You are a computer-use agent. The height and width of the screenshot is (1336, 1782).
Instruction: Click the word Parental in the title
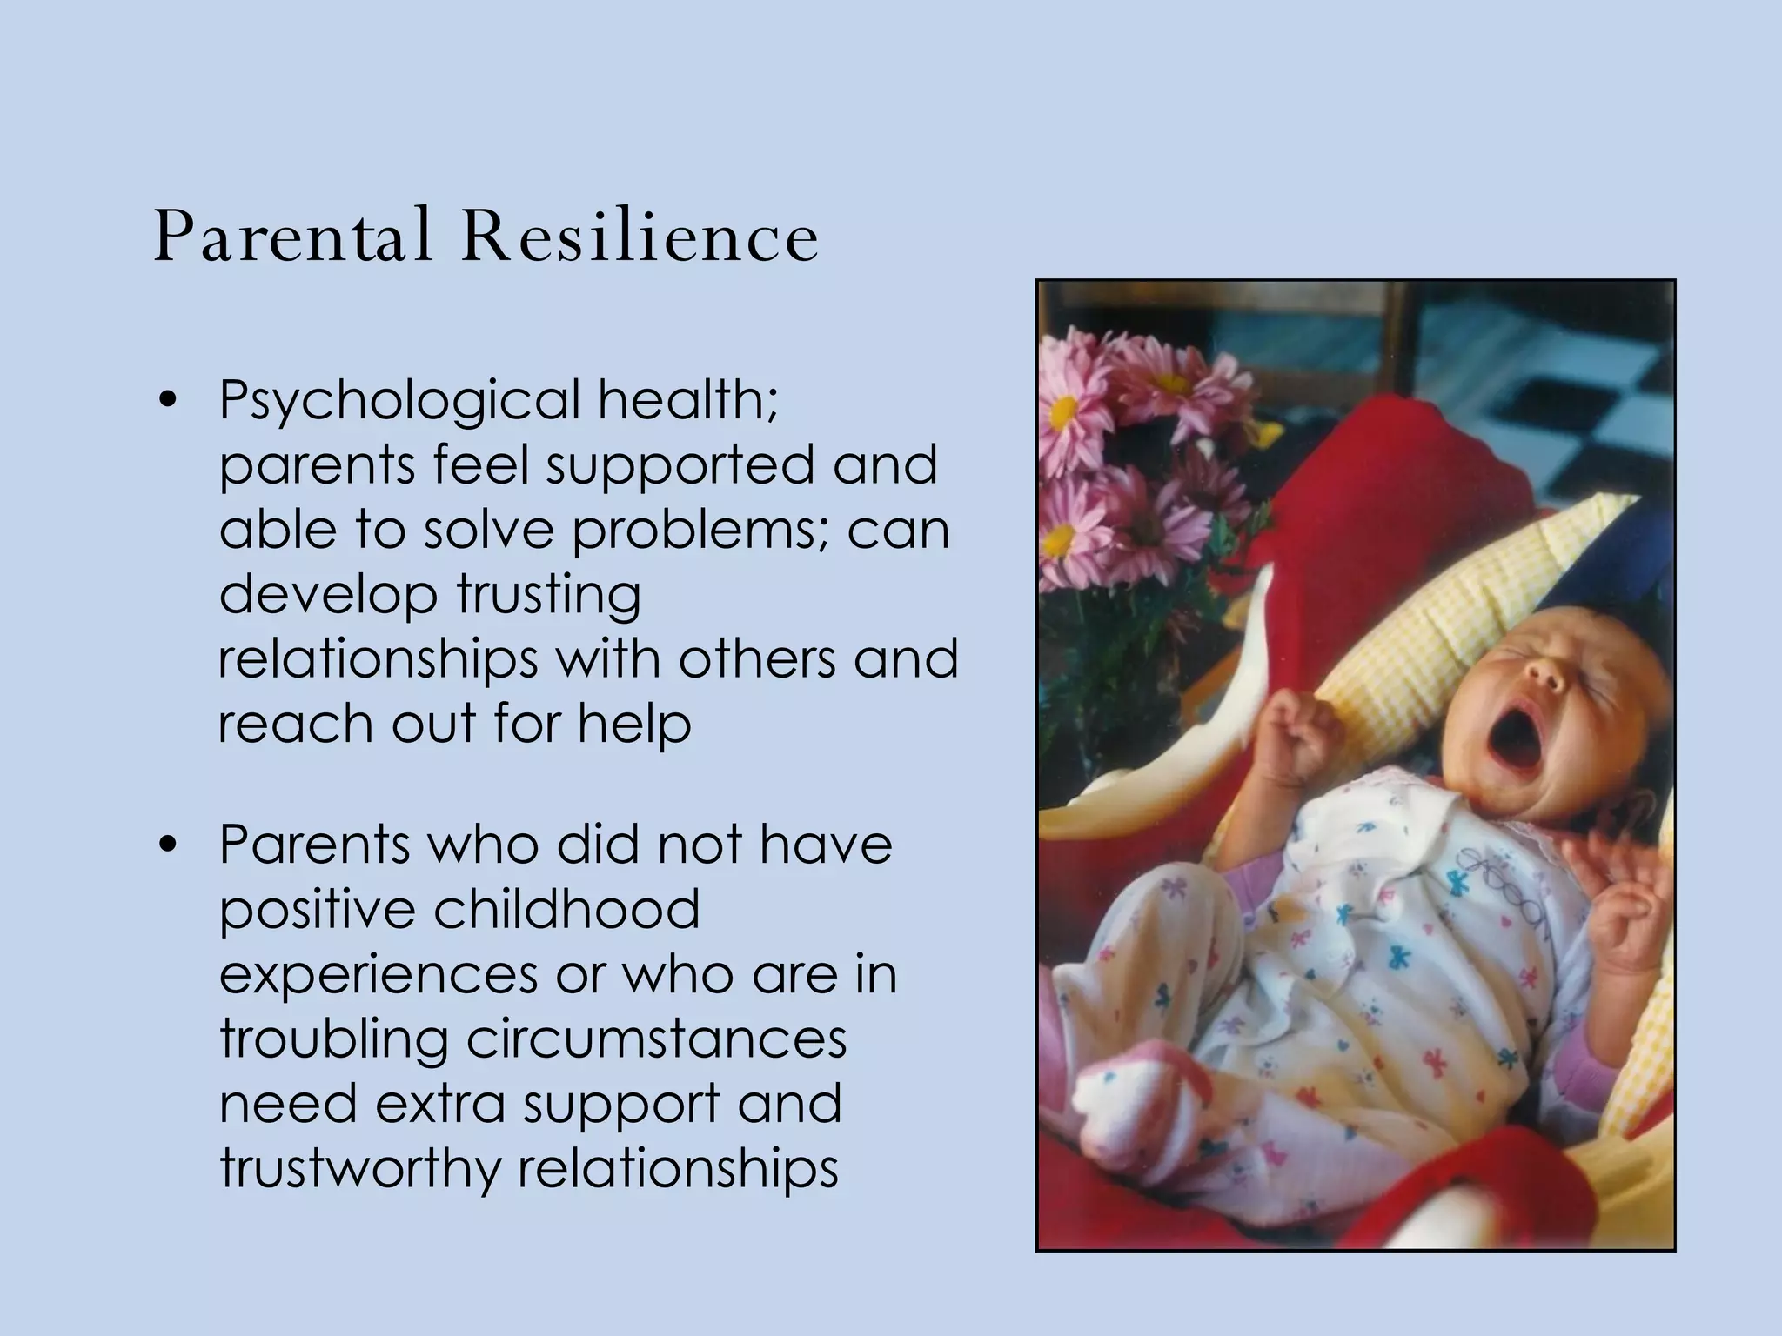(292, 237)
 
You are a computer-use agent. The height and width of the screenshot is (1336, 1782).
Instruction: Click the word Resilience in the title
(640, 237)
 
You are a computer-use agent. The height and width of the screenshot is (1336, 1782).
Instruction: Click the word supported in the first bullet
(681, 465)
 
